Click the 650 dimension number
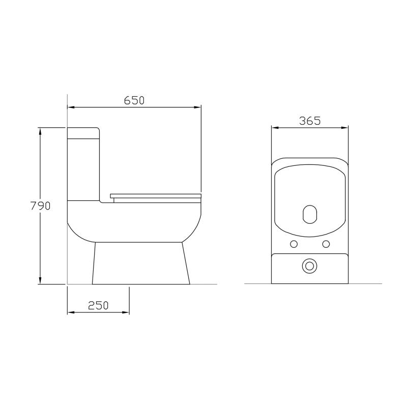[x=134, y=100]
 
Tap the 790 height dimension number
[x=41, y=206]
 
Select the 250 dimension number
[x=98, y=305]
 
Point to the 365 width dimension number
[x=309, y=121]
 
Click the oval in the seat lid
[x=309, y=215]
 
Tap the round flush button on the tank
[x=309, y=266]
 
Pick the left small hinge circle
[x=294, y=244]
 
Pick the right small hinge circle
[x=326, y=244]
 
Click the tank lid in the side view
[x=84, y=133]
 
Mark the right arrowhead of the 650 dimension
[x=198, y=107]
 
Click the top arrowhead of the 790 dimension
[x=41, y=130]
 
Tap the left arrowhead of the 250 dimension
[x=71, y=312]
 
